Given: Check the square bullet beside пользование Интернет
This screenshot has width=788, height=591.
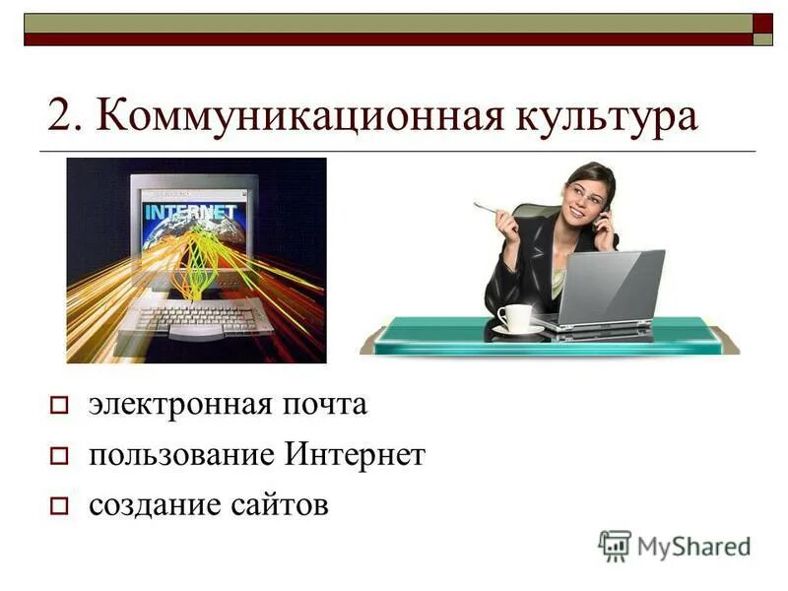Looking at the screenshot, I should click(58, 457).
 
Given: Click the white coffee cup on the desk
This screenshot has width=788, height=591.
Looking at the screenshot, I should click(514, 318).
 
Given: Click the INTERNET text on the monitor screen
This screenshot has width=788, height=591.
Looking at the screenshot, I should click(190, 211).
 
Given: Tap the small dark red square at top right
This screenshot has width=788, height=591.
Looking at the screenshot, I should click(763, 22).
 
